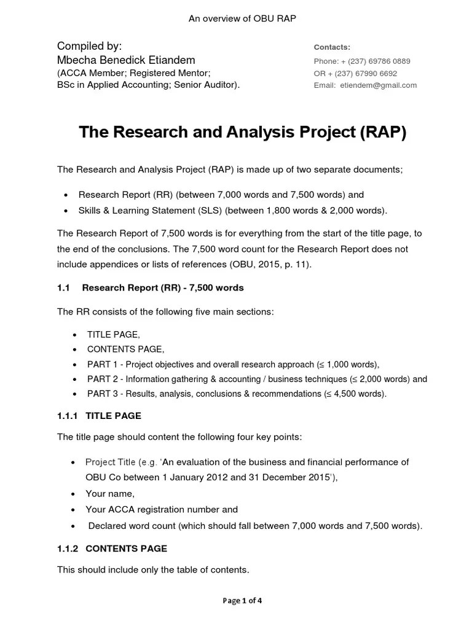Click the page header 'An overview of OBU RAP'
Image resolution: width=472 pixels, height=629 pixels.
click(x=242, y=18)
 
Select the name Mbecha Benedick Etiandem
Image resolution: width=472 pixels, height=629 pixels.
click(x=126, y=60)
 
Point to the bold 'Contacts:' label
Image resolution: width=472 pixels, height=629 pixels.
click(x=332, y=47)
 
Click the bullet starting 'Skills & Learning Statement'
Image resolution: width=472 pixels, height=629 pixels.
click(x=233, y=211)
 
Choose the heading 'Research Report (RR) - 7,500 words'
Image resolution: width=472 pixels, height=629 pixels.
click(x=163, y=287)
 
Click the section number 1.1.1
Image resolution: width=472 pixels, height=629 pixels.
click(x=68, y=416)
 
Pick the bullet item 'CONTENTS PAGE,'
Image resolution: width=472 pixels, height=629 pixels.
click(x=125, y=349)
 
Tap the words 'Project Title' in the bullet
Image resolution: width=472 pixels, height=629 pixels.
click(x=111, y=462)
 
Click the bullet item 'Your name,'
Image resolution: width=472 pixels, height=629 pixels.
click(x=110, y=494)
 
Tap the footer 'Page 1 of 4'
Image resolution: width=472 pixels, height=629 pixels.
click(x=242, y=601)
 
